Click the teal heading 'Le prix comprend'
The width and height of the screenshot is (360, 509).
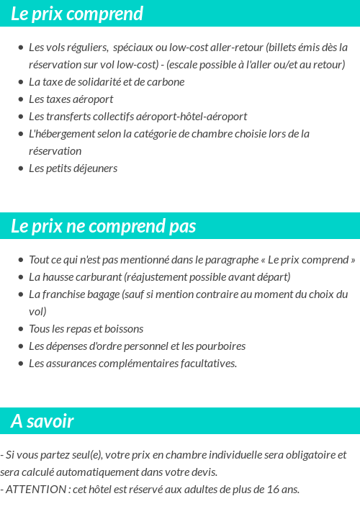coord(77,14)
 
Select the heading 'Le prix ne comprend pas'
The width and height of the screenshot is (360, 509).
coord(104,226)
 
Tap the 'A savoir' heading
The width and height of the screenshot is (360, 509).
coord(42,421)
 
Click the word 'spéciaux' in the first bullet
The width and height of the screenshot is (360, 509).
coord(136,48)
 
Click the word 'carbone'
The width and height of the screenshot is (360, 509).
coord(166,82)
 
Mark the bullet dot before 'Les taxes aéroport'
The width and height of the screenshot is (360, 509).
coord(21,99)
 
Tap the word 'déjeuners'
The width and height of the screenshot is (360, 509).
coord(94,168)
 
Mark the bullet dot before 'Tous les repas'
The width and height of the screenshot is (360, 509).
coord(21,329)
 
